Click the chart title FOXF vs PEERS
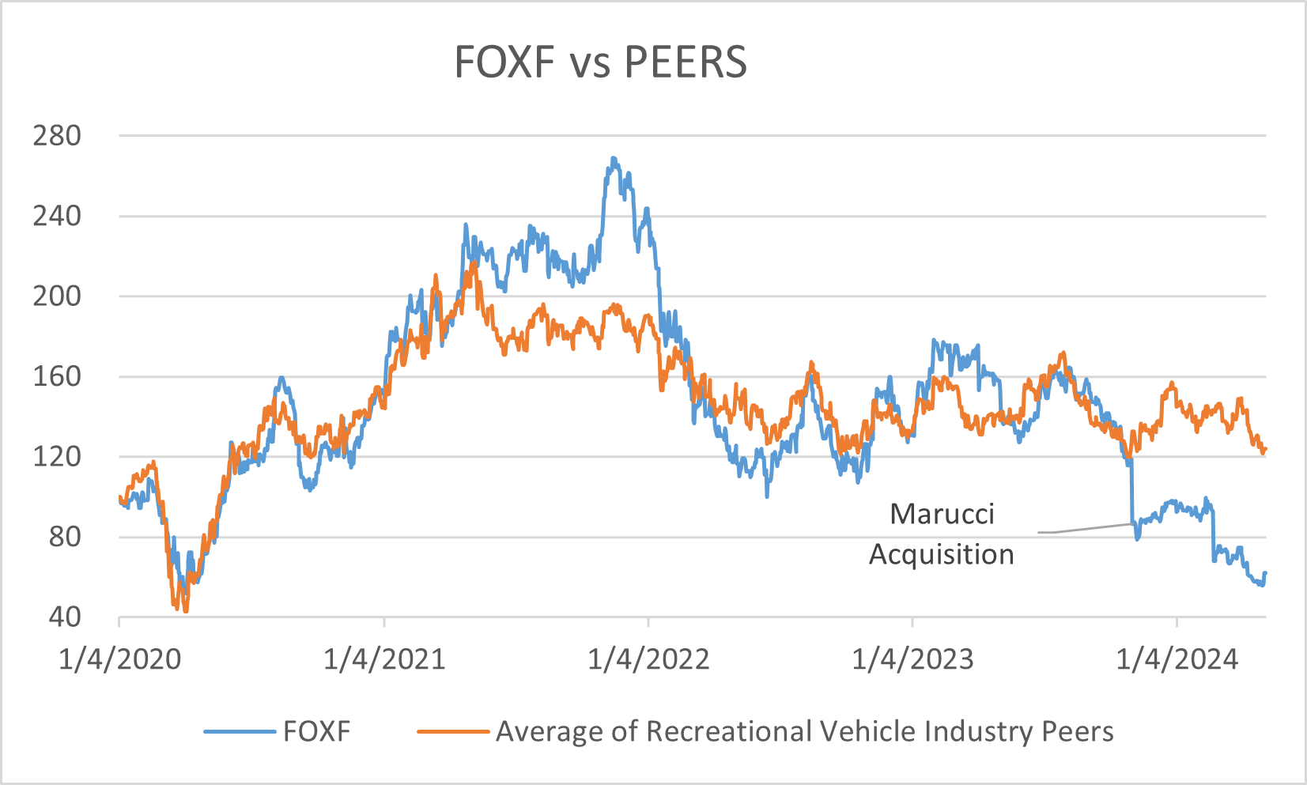pyautogui.click(x=600, y=62)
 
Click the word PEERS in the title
pyautogui.click(x=685, y=62)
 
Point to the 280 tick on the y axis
pyautogui.click(x=57, y=136)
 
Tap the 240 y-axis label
pyautogui.click(x=57, y=216)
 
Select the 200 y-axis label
pyautogui.click(x=57, y=296)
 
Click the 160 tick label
pyautogui.click(x=57, y=376)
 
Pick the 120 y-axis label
pyautogui.click(x=57, y=456)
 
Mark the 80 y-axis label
pyautogui.click(x=65, y=537)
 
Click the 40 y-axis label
pyautogui.click(x=65, y=617)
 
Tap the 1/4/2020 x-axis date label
pyautogui.click(x=119, y=659)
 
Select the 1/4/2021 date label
pyautogui.click(x=384, y=659)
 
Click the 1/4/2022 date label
pyautogui.click(x=648, y=659)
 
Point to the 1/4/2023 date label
pyautogui.click(x=912, y=659)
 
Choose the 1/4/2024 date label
pyautogui.click(x=1177, y=659)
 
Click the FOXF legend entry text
pyautogui.click(x=316, y=731)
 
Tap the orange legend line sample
pyautogui.click(x=453, y=731)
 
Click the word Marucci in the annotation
pyautogui.click(x=942, y=514)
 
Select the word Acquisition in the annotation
pyautogui.click(x=941, y=554)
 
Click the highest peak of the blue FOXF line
pyautogui.click(x=614, y=158)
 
